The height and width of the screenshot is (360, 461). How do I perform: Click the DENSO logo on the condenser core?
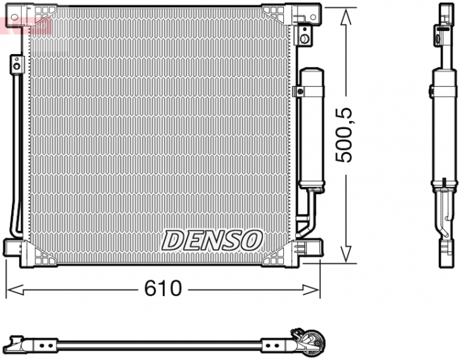tap(212, 240)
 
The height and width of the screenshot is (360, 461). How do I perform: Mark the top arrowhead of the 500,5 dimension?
tap(344, 14)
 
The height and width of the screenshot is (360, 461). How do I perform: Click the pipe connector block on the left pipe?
tap(16, 64)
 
